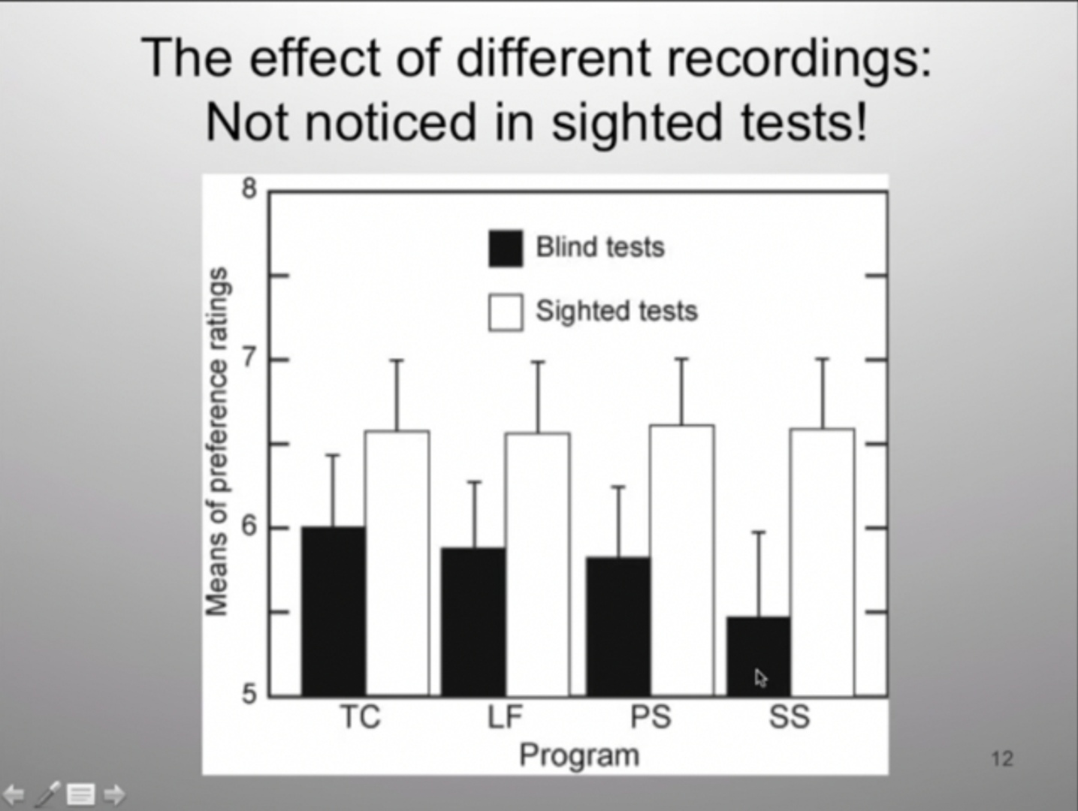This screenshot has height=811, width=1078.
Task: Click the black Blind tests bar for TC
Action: click(x=334, y=611)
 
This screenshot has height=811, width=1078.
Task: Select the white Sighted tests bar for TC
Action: click(x=397, y=563)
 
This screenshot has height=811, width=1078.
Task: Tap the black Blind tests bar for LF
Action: click(x=473, y=622)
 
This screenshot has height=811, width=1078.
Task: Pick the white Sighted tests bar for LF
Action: click(x=537, y=565)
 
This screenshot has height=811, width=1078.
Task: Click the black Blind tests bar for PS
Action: click(x=618, y=626)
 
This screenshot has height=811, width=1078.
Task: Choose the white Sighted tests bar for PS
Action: click(x=681, y=560)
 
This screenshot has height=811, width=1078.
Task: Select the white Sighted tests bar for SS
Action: click(x=822, y=562)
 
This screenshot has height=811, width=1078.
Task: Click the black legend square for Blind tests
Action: click(x=506, y=249)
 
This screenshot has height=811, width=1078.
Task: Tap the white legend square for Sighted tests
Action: click(x=506, y=312)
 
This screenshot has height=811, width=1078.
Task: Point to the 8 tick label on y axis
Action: click(x=249, y=188)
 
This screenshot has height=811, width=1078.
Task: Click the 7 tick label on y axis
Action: click(x=249, y=357)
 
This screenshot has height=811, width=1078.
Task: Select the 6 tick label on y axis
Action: click(x=249, y=526)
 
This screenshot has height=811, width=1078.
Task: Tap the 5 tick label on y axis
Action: click(x=249, y=694)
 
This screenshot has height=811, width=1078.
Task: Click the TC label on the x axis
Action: click(x=360, y=717)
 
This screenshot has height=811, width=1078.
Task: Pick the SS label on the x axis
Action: click(x=790, y=717)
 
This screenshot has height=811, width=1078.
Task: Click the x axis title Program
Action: click(x=579, y=755)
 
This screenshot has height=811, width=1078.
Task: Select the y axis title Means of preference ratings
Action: click(x=217, y=442)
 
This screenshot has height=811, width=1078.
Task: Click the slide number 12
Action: click(x=1002, y=758)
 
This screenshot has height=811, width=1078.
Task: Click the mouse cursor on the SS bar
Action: click(x=760, y=677)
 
